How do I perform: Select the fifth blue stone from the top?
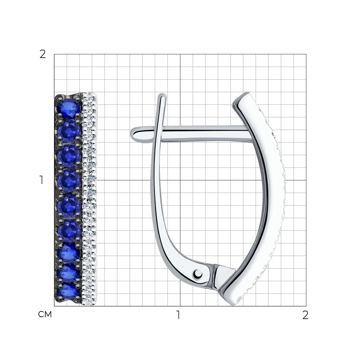[x=69, y=206]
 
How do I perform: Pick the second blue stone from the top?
[x=69, y=131]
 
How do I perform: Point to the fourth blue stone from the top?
[x=69, y=181]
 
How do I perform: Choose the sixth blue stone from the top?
[x=69, y=230]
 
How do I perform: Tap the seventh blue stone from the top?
[x=68, y=254]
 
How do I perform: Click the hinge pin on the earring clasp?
[x=198, y=274]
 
